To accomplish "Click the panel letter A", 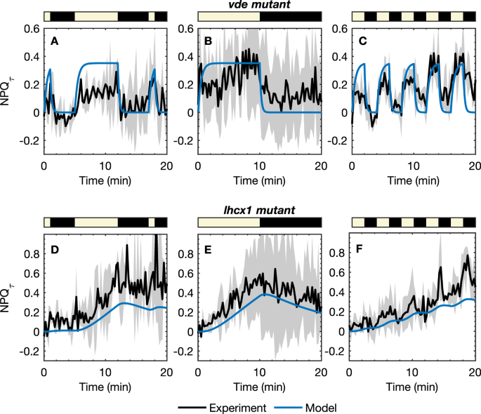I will point(54,42).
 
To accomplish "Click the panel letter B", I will point(208,42).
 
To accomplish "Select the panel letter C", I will point(362,42).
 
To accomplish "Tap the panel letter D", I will point(54,248).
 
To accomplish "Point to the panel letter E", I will point(208,248).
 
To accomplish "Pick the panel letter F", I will point(362,248).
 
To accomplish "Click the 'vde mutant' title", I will point(259,6).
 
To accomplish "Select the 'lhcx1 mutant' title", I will point(259,208).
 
